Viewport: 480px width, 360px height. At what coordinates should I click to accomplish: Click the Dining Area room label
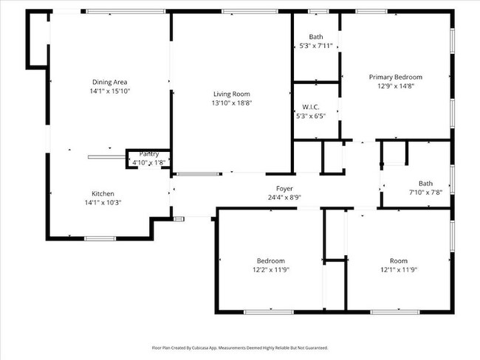(109, 82)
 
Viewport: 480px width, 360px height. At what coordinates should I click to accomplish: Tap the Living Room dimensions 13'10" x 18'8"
(232, 103)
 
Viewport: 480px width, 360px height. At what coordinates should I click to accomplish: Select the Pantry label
(149, 154)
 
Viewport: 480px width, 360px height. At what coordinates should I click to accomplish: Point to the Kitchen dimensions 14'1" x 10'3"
(103, 202)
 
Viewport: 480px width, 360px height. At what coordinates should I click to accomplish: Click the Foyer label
(284, 188)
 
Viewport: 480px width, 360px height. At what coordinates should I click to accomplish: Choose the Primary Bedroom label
(396, 77)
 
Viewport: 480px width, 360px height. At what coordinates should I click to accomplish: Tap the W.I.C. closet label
(311, 107)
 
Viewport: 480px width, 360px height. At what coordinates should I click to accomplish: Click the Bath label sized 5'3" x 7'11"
(316, 37)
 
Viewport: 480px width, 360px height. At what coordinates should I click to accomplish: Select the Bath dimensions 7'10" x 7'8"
(425, 193)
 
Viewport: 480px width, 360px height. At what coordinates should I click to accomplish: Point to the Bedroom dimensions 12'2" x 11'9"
(271, 270)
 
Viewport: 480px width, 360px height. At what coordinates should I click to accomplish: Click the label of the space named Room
(399, 261)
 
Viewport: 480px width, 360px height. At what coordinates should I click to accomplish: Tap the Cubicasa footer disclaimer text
(240, 347)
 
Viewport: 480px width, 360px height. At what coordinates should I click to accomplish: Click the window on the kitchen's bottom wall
(100, 238)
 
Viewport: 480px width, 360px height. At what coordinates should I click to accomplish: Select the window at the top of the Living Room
(250, 12)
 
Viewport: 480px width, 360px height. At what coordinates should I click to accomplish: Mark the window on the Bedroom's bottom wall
(269, 312)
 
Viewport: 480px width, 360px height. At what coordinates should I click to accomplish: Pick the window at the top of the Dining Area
(126, 12)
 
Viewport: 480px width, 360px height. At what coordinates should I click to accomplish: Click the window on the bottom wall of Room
(395, 312)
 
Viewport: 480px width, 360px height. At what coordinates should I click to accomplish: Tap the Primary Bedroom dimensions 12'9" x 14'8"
(396, 86)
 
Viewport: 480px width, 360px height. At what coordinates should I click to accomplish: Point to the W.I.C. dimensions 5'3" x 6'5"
(311, 116)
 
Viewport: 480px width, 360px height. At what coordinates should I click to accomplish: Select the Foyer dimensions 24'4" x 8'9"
(284, 197)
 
